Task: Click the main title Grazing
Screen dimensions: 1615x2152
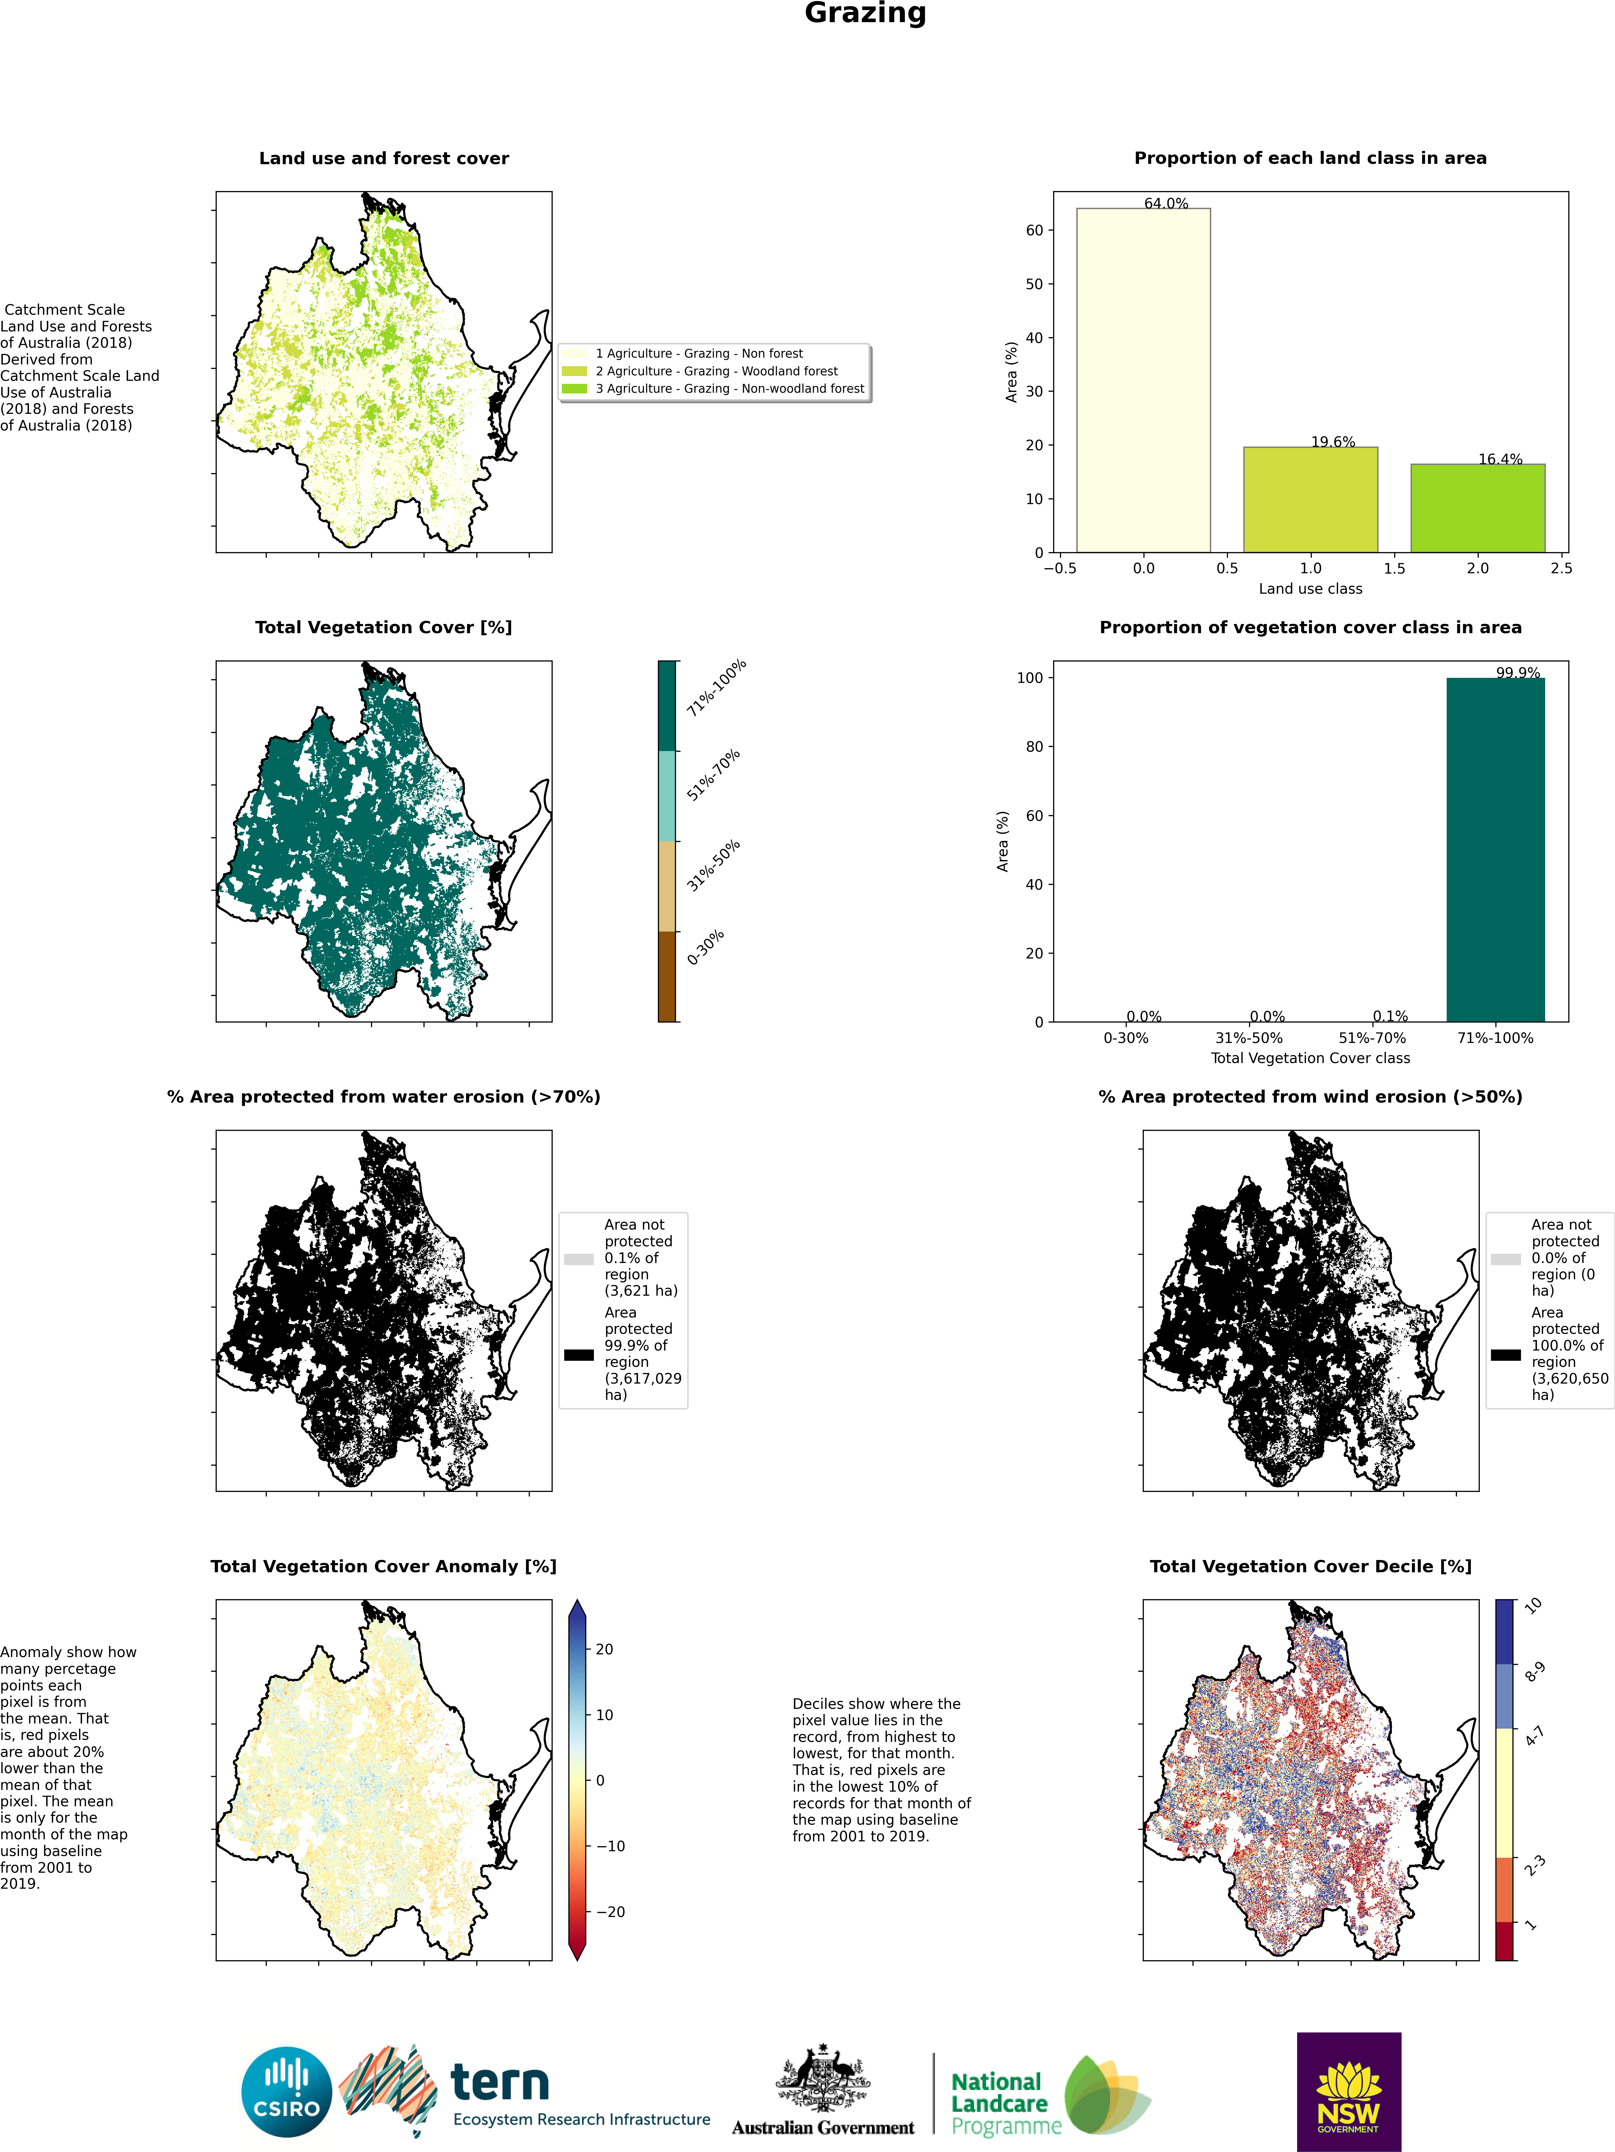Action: tap(865, 14)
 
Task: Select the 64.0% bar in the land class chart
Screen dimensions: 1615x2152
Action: tap(1143, 380)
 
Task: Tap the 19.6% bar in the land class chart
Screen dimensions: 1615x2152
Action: tap(1310, 500)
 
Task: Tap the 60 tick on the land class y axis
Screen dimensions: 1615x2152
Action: tap(1034, 231)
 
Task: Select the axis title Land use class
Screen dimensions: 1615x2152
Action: tap(1310, 589)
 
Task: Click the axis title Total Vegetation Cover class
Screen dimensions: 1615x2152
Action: tap(1310, 1058)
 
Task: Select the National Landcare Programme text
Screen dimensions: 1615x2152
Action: tap(1006, 2103)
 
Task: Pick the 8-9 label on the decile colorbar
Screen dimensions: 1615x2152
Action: tap(1534, 1671)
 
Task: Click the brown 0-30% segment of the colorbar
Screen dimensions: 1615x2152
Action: tap(667, 977)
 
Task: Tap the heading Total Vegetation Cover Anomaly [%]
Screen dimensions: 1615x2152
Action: tap(383, 1566)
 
